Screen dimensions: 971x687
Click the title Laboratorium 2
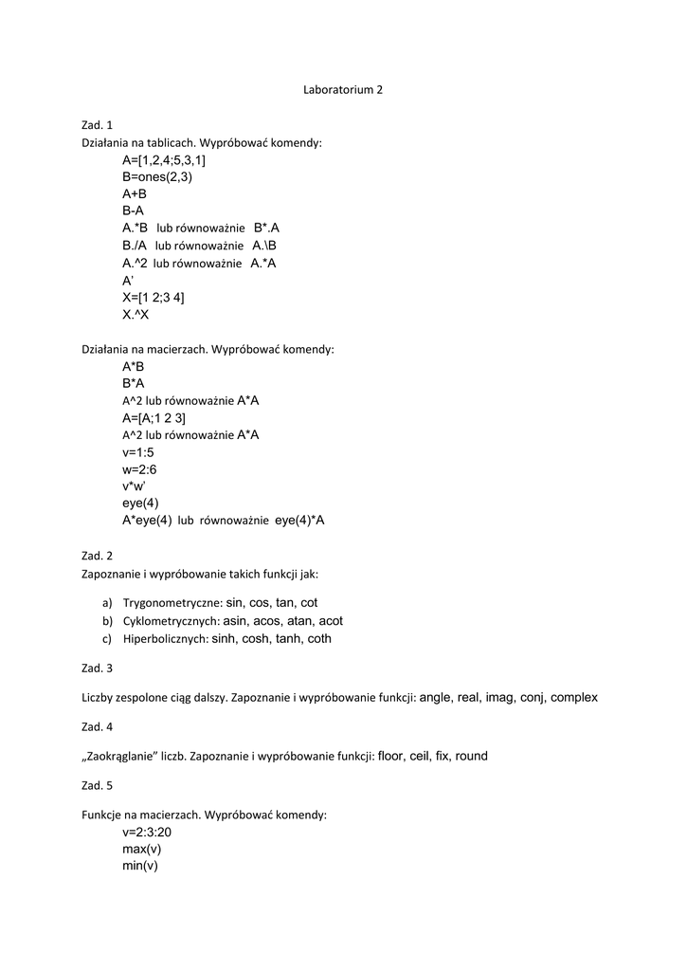click(343, 90)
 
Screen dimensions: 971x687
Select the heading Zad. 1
click(97, 125)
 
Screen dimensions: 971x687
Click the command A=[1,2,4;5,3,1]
click(164, 159)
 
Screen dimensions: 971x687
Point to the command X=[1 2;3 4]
click(154, 297)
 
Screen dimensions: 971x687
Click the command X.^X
click(136, 314)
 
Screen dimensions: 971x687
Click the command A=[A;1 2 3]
click(154, 417)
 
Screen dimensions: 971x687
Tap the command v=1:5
click(137, 451)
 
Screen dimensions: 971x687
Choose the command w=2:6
click(139, 468)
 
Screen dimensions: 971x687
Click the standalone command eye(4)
click(140, 503)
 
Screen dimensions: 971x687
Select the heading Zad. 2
click(97, 556)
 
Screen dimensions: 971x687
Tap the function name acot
click(331, 621)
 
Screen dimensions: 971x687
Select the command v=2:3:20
click(147, 832)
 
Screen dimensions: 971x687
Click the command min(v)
click(139, 866)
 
